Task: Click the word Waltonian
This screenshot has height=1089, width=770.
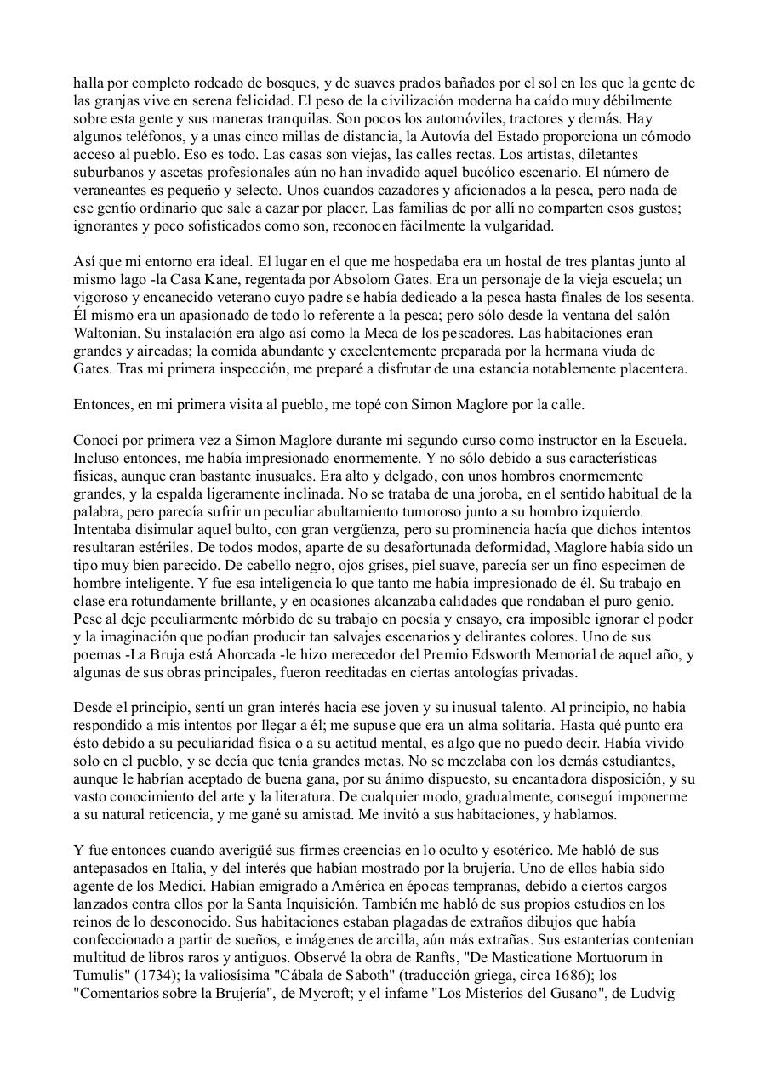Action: tap(105, 333)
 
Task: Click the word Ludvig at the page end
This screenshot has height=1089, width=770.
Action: tap(654, 992)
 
